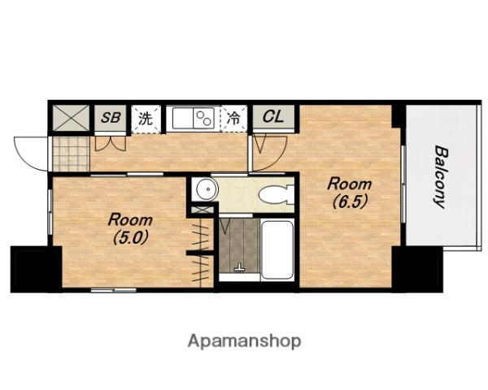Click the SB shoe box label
pyautogui.click(x=111, y=118)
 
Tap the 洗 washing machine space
pyautogui.click(x=146, y=119)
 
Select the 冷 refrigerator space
pyautogui.click(x=233, y=118)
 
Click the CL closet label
pyautogui.click(x=273, y=117)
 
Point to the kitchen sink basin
pyautogui.click(x=183, y=118)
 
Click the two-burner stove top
pyautogui.click(x=204, y=118)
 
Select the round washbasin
pyautogui.click(x=207, y=189)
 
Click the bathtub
pyautogui.click(x=277, y=249)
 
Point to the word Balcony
pyautogui.click(x=441, y=176)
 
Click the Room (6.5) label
pyautogui.click(x=350, y=193)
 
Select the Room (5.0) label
pyautogui.click(x=130, y=228)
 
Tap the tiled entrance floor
pyautogui.click(x=71, y=154)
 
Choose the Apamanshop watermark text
pyautogui.click(x=244, y=341)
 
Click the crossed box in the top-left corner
pyautogui.click(x=71, y=118)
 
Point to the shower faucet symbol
pyautogui.click(x=239, y=268)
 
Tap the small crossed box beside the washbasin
pyautogui.click(x=203, y=210)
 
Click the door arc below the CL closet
pyautogui.click(x=269, y=153)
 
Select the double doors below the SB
pyautogui.click(x=111, y=143)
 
